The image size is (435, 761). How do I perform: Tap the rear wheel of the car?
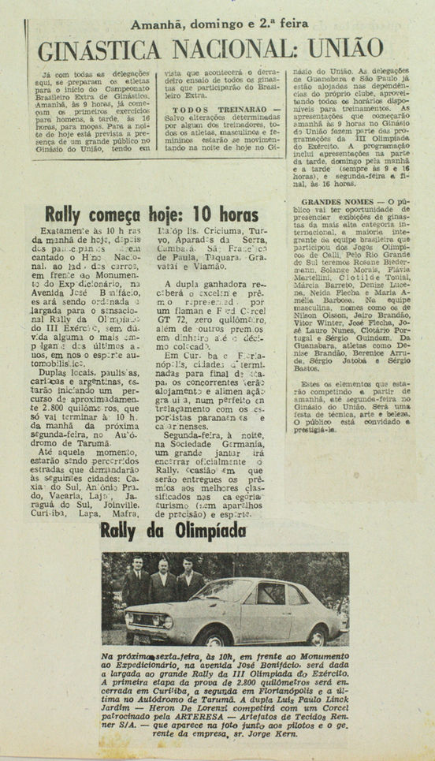coord(319,630)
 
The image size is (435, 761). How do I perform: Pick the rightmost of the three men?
coord(188,580)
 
